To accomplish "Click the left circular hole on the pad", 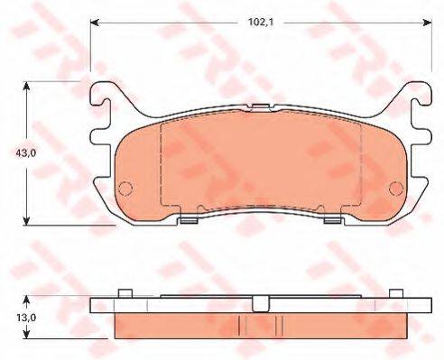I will [125, 188].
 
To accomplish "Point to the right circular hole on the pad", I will [395, 188].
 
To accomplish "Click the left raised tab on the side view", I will [125, 292].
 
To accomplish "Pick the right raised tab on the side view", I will [396, 292].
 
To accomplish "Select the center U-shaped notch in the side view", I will [261, 304].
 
